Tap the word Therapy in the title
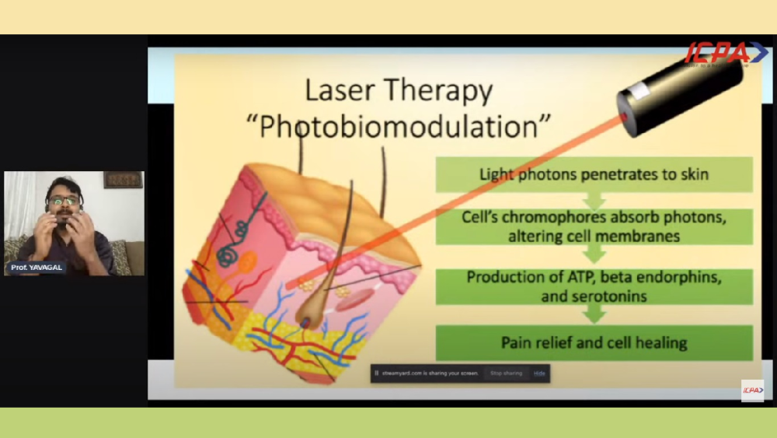[440, 93]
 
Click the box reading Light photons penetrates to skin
[594, 174]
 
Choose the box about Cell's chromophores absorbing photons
[594, 226]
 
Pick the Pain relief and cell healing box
[594, 342]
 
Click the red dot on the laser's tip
[624, 117]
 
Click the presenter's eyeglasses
[64, 201]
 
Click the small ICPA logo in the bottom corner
[751, 390]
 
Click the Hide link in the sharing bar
[538, 373]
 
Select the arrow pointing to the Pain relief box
[594, 314]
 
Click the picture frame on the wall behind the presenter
[123, 180]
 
